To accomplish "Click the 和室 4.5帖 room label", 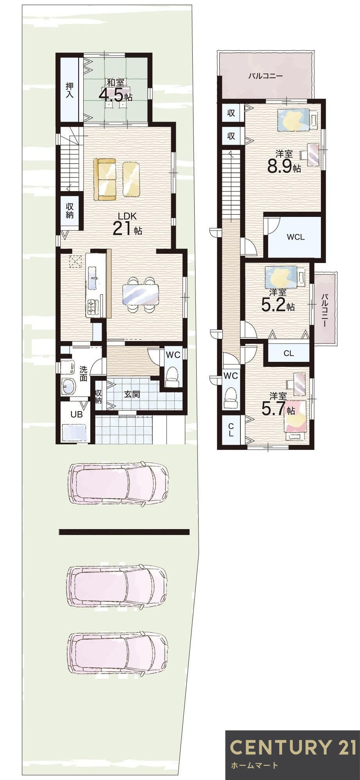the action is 115,91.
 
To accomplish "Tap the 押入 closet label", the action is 70,90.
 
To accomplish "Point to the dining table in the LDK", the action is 141,294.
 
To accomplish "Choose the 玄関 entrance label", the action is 132,394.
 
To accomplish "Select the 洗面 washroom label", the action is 83,373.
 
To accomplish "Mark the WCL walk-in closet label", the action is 296,237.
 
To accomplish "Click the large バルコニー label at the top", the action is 265,76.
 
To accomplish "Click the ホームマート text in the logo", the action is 254,765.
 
